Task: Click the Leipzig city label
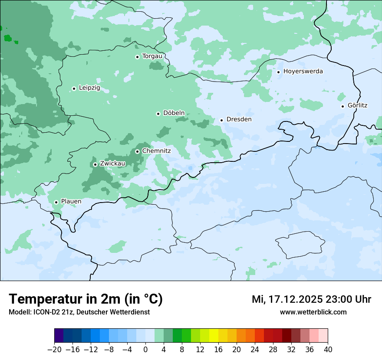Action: click(89, 88)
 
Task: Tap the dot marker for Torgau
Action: click(137, 57)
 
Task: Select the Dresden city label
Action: click(239, 119)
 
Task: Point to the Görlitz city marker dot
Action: click(342, 106)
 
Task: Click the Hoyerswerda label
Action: click(303, 71)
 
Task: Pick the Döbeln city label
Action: click(174, 113)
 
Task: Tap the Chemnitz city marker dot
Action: click(137, 151)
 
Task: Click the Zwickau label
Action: click(112, 164)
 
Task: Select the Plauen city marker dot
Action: click(56, 202)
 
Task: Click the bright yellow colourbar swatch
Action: click(214, 336)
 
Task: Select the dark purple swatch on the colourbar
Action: click(59, 336)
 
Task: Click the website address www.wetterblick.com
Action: click(313, 312)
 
